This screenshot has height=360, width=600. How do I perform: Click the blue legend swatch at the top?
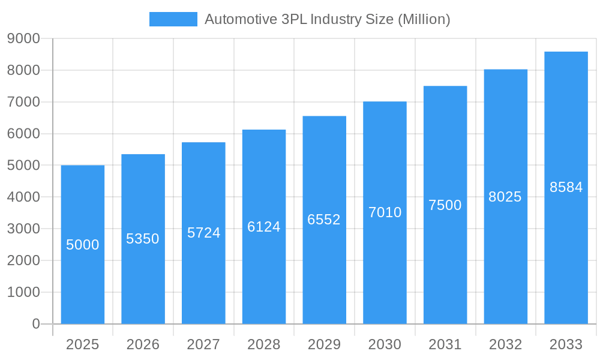click(173, 19)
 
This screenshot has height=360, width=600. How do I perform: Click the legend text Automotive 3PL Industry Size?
click(327, 19)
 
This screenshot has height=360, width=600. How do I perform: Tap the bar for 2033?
click(566, 252)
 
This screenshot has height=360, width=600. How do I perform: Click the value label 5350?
click(143, 239)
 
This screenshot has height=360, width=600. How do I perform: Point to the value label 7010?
click(385, 212)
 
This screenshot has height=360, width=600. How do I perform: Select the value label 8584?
click(566, 187)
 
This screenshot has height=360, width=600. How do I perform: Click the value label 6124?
click(264, 227)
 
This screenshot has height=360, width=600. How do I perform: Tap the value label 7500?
click(445, 205)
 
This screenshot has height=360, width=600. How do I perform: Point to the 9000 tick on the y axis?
click(23, 39)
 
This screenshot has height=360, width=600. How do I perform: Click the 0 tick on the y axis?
click(35, 324)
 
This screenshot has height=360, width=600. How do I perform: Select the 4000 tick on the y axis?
click(23, 197)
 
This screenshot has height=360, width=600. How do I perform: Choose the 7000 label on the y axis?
click(23, 102)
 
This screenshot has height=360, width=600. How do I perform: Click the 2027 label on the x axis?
click(203, 344)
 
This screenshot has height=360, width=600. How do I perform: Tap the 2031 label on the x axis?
click(445, 344)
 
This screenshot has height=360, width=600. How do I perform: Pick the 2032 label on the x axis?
click(505, 344)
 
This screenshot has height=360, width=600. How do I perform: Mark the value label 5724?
click(203, 233)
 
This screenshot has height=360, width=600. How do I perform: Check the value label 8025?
click(505, 197)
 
